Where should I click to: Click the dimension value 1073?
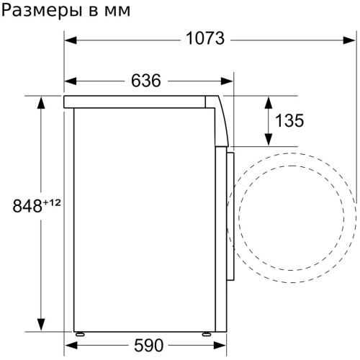click(205, 39)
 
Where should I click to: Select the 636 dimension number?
click(146, 81)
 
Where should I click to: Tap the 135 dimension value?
click(289, 120)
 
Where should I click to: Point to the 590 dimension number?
click(148, 346)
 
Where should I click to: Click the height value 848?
click(27, 206)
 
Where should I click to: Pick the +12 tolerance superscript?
click(52, 203)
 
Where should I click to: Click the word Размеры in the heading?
click(43, 11)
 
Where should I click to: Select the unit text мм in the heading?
click(117, 12)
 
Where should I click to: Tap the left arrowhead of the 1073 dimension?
click(71, 40)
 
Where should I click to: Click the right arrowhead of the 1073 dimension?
click(349, 40)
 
